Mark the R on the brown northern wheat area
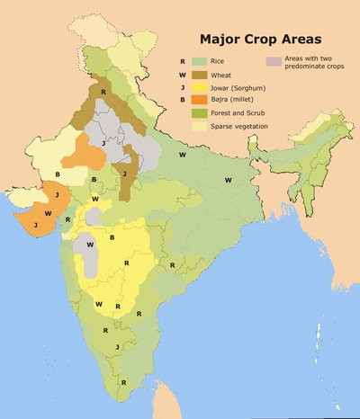click(x=103, y=93)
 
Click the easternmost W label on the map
click(x=229, y=180)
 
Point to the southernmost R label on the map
click(x=124, y=381)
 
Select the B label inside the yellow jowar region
click(x=112, y=237)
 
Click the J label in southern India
click(x=117, y=346)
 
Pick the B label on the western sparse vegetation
click(x=58, y=173)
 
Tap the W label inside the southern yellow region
click(x=98, y=304)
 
